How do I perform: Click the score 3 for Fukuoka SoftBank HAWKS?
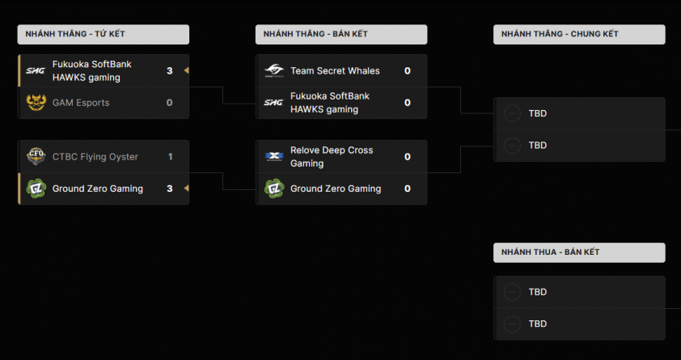point(170,70)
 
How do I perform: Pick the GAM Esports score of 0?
point(170,103)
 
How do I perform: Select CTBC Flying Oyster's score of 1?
point(170,156)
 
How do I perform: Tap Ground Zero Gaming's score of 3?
point(170,188)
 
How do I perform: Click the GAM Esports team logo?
point(36,103)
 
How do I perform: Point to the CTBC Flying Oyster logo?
point(36,156)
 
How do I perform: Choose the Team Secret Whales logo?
point(274,70)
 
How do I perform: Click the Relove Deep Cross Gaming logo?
point(274,157)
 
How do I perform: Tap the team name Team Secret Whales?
point(335,70)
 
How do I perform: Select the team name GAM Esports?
point(81,103)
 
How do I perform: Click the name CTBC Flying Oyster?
point(95,156)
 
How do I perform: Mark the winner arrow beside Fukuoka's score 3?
point(186,70)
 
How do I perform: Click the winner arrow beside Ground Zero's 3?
point(186,188)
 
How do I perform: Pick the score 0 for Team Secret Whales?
point(408,70)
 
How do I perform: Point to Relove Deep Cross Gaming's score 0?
point(408,157)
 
